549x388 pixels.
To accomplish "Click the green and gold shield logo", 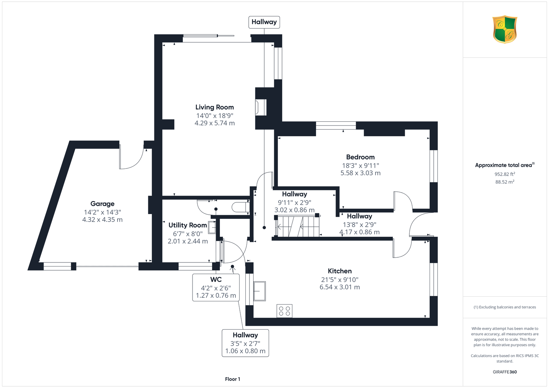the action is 505,30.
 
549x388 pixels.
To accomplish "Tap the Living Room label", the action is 214,107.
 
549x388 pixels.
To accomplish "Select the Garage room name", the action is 103,204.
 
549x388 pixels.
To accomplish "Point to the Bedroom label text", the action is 360,157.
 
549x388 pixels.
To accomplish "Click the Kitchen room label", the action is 340,271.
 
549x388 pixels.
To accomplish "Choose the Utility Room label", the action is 188,225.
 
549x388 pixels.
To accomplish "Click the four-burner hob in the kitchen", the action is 284,311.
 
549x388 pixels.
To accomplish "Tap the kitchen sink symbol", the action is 259,291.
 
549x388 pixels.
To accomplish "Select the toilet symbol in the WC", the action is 241,207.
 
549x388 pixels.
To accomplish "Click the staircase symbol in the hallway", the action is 297,226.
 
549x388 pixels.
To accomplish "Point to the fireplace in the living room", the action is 261,107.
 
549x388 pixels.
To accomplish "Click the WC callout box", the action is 216,287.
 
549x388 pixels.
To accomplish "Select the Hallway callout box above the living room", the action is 264,22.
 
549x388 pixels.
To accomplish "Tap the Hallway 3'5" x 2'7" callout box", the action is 245,343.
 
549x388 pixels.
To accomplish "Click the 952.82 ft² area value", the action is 505,174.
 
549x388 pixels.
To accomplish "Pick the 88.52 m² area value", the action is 505,182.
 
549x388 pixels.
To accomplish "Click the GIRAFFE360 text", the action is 505,372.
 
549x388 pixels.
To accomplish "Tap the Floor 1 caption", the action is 233,379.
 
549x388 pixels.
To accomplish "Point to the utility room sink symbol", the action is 212,227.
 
